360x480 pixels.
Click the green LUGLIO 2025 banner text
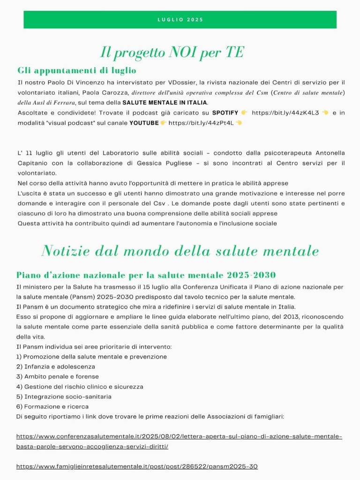coord(180,20)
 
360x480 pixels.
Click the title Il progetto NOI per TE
coord(172,52)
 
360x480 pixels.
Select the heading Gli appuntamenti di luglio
coord(77,71)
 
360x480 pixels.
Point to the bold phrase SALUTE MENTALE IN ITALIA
coord(164,103)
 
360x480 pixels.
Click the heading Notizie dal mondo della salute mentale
coord(180,251)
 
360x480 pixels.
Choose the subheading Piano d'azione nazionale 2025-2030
coord(146,275)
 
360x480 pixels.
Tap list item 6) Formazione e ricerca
coord(52,406)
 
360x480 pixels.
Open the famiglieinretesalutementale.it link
coord(137,466)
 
